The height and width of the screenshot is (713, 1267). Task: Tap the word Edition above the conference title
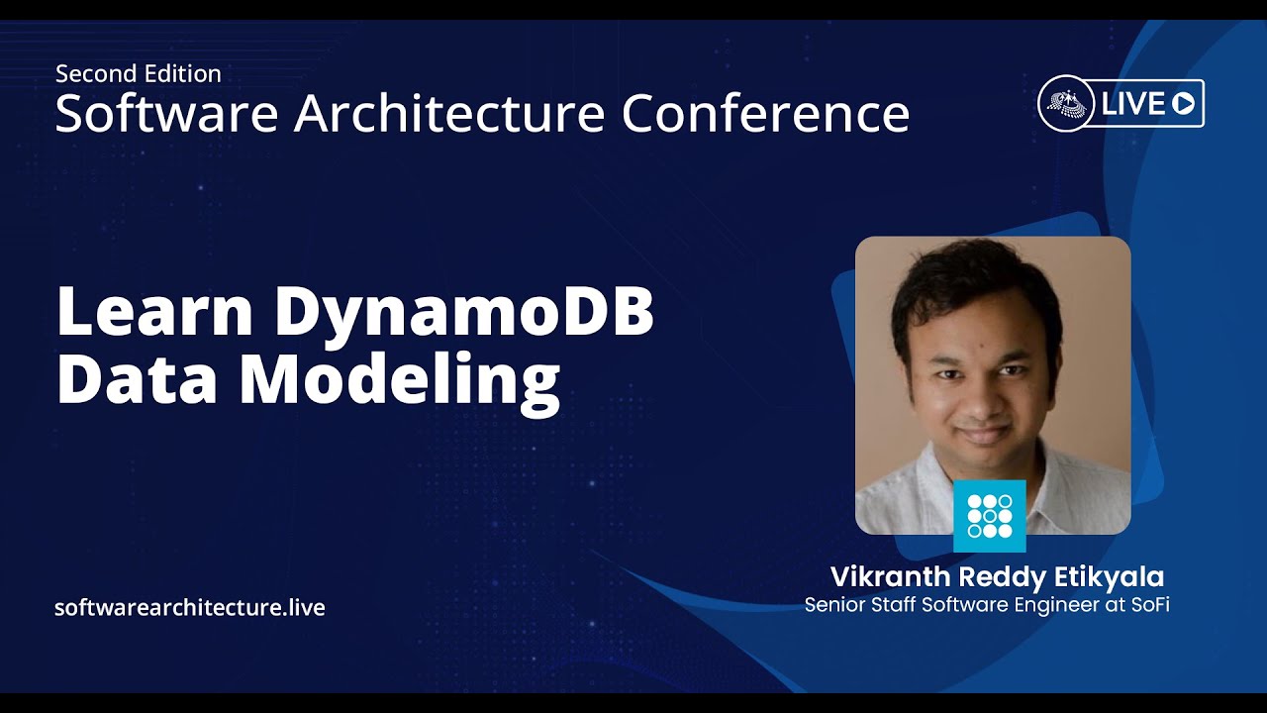click(183, 74)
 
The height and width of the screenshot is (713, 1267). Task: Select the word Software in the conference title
click(167, 113)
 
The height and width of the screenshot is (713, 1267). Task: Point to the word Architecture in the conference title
click(449, 113)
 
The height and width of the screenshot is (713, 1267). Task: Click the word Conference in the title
click(765, 113)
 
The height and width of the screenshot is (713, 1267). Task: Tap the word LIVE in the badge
click(1132, 104)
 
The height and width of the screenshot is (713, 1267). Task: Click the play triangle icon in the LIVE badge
click(1183, 104)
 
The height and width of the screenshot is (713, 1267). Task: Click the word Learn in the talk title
click(154, 310)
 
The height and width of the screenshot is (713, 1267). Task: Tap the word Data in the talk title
click(137, 377)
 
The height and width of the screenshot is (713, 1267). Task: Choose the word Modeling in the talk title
click(400, 383)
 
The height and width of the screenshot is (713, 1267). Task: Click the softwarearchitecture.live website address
click(190, 608)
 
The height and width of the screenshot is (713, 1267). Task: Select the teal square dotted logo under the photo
click(989, 516)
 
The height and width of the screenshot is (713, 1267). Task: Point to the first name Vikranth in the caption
click(891, 577)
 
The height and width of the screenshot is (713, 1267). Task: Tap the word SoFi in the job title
click(1150, 605)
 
